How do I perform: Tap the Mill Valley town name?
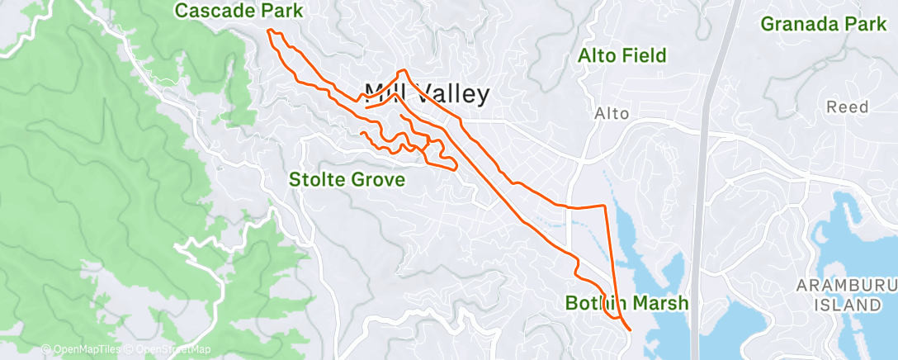[427, 93]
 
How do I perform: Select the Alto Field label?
[622, 56]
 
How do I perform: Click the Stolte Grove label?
[347, 179]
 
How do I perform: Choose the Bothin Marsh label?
[626, 304]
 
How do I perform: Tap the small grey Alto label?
[612, 114]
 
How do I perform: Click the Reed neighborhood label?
[848, 107]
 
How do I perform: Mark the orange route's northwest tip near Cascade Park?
[268, 31]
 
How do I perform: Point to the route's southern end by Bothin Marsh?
[631, 329]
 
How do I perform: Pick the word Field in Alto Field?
[644, 56]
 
